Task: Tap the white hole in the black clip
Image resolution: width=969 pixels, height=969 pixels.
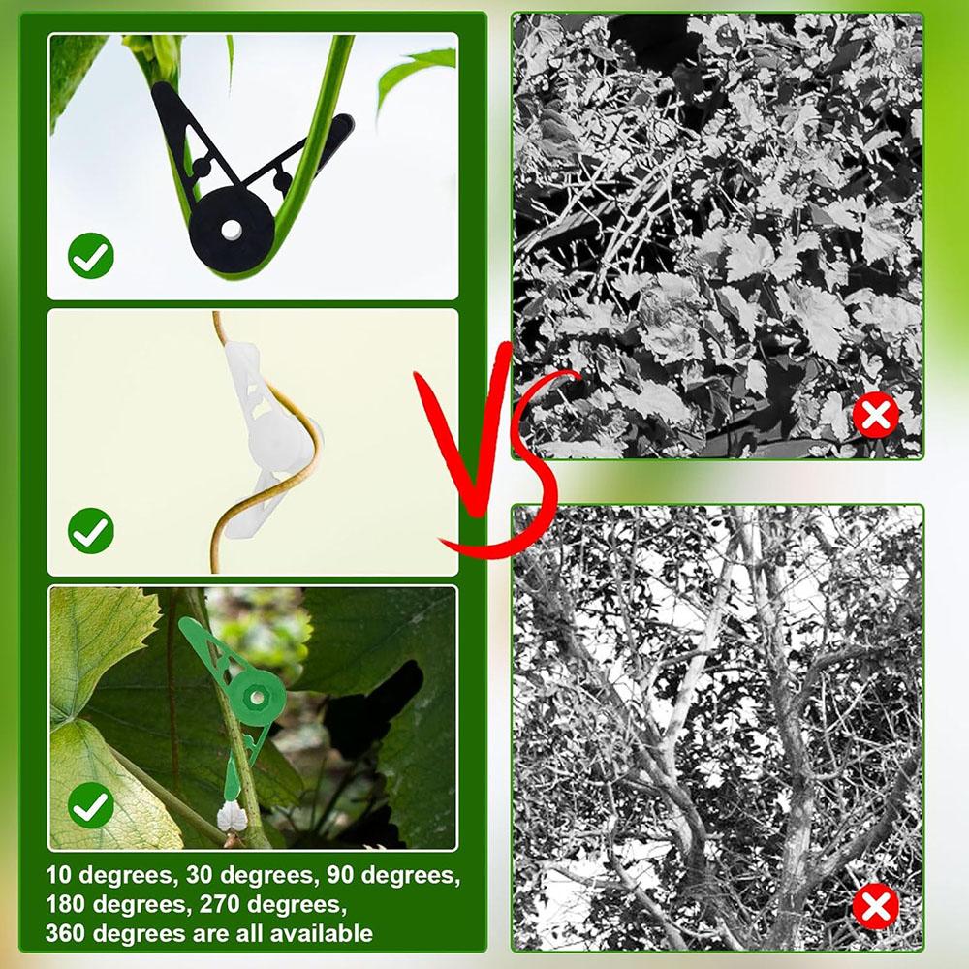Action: [232, 230]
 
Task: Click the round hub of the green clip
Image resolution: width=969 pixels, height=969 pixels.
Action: [257, 695]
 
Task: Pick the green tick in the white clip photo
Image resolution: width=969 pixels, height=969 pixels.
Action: [91, 530]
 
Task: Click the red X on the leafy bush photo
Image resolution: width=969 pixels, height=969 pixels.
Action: [875, 416]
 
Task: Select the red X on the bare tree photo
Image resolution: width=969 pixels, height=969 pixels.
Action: [875, 907]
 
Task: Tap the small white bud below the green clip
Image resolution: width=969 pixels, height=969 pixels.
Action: [232, 817]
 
